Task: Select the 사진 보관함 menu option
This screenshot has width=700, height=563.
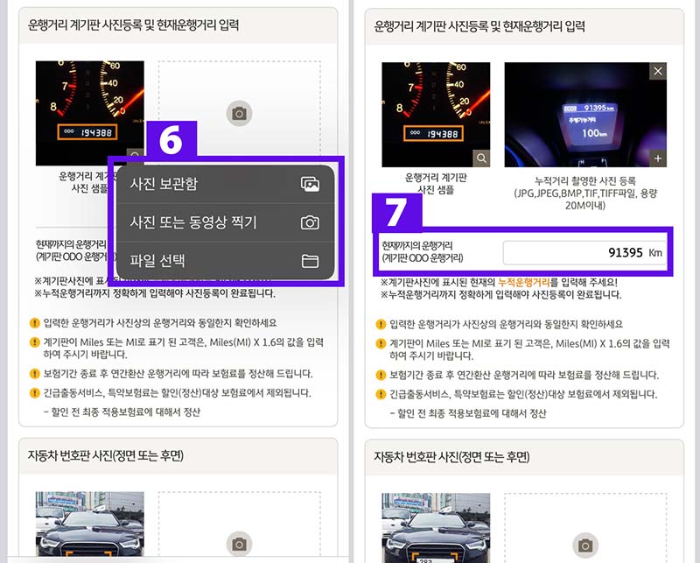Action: tap(164, 184)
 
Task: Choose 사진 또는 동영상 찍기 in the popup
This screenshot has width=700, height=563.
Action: tap(192, 222)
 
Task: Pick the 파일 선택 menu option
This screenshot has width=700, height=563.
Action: tap(157, 261)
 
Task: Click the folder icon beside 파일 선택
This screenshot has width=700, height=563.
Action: tap(309, 261)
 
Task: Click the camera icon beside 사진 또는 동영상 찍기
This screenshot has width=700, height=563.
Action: tap(309, 222)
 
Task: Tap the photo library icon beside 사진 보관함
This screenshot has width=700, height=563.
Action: tap(309, 184)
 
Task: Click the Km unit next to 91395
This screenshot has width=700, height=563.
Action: tap(655, 253)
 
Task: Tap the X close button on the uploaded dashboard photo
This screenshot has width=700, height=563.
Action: tap(658, 71)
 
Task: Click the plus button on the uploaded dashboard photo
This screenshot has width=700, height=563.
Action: tap(658, 158)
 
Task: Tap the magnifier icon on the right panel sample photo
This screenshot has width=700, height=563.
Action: tap(481, 158)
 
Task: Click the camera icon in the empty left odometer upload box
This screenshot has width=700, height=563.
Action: tap(238, 113)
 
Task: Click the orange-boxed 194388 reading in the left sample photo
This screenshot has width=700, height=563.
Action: tap(85, 131)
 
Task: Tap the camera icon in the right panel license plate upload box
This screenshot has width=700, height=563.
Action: tap(585, 545)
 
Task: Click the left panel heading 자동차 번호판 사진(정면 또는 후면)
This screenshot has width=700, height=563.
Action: tap(107, 456)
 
